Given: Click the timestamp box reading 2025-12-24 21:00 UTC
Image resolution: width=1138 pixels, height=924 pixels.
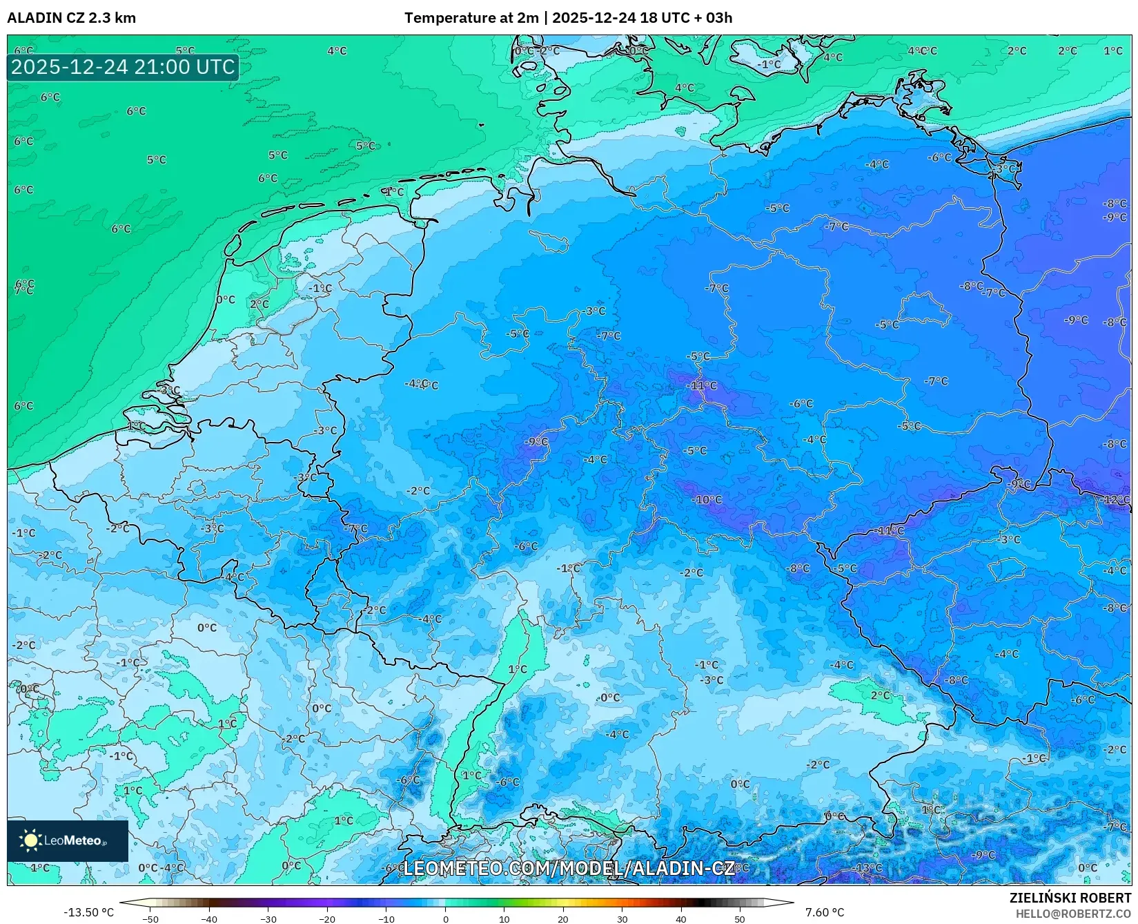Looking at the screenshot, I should tap(123, 67).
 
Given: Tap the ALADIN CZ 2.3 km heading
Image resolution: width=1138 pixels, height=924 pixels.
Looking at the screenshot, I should tap(72, 18).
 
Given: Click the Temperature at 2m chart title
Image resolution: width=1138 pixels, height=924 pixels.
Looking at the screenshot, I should tap(568, 18).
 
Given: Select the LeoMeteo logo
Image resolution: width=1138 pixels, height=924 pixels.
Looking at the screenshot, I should tap(68, 840).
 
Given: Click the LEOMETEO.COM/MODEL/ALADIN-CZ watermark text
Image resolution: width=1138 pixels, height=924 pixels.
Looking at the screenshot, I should tap(569, 868).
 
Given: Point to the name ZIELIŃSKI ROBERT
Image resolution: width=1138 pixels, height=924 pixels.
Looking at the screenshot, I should tap(1070, 898).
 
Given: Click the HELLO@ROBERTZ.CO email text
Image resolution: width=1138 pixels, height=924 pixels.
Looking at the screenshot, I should tap(1073, 914).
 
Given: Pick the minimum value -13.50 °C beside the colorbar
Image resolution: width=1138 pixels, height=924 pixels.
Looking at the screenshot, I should tap(88, 912).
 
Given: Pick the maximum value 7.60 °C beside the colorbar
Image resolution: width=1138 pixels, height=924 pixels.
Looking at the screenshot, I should tap(825, 912).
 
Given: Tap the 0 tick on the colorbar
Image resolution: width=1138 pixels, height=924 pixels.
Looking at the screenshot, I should tap(445, 918).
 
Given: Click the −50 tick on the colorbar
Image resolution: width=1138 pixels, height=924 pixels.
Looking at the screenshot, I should tap(150, 918).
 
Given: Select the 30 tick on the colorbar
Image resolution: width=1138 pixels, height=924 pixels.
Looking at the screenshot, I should tap(622, 918).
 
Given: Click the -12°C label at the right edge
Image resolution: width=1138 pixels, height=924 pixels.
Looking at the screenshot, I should tap(1116, 499).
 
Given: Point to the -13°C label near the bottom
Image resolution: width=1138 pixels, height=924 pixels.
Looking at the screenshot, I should tap(868, 867).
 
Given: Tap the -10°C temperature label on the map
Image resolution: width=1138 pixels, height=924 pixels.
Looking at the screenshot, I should tap(708, 499).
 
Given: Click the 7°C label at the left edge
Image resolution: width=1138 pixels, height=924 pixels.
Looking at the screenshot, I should tap(23, 291).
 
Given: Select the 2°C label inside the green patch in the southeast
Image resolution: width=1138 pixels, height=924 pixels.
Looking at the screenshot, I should tap(880, 695).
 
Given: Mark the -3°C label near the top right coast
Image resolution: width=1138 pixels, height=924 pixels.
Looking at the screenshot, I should tap(1005, 169).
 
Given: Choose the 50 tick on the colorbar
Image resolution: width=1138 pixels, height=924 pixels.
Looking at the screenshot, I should tap(740, 918).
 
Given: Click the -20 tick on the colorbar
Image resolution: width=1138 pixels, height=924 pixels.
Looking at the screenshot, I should tap(327, 918).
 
